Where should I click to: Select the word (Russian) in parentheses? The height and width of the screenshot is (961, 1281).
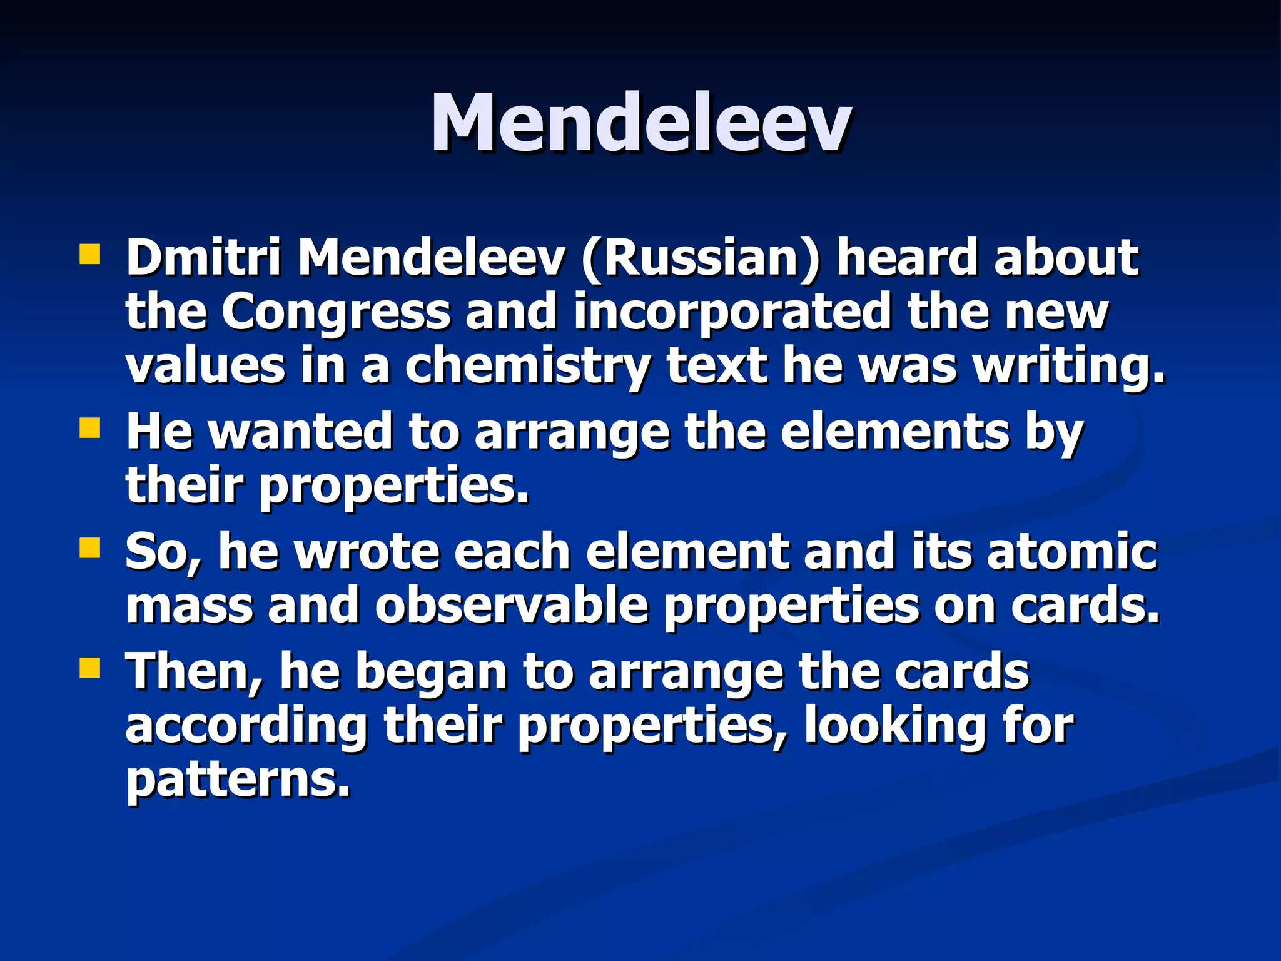(700, 258)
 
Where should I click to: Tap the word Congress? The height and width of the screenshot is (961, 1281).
(336, 312)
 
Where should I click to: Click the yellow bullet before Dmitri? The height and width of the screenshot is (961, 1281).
(90, 255)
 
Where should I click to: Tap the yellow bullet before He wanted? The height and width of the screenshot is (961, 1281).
(90, 429)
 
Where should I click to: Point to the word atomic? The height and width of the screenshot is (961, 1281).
(1072, 551)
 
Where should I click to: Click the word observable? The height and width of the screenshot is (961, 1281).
(511, 606)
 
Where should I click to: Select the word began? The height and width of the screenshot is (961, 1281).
(432, 672)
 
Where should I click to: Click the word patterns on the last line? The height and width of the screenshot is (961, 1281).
(238, 780)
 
